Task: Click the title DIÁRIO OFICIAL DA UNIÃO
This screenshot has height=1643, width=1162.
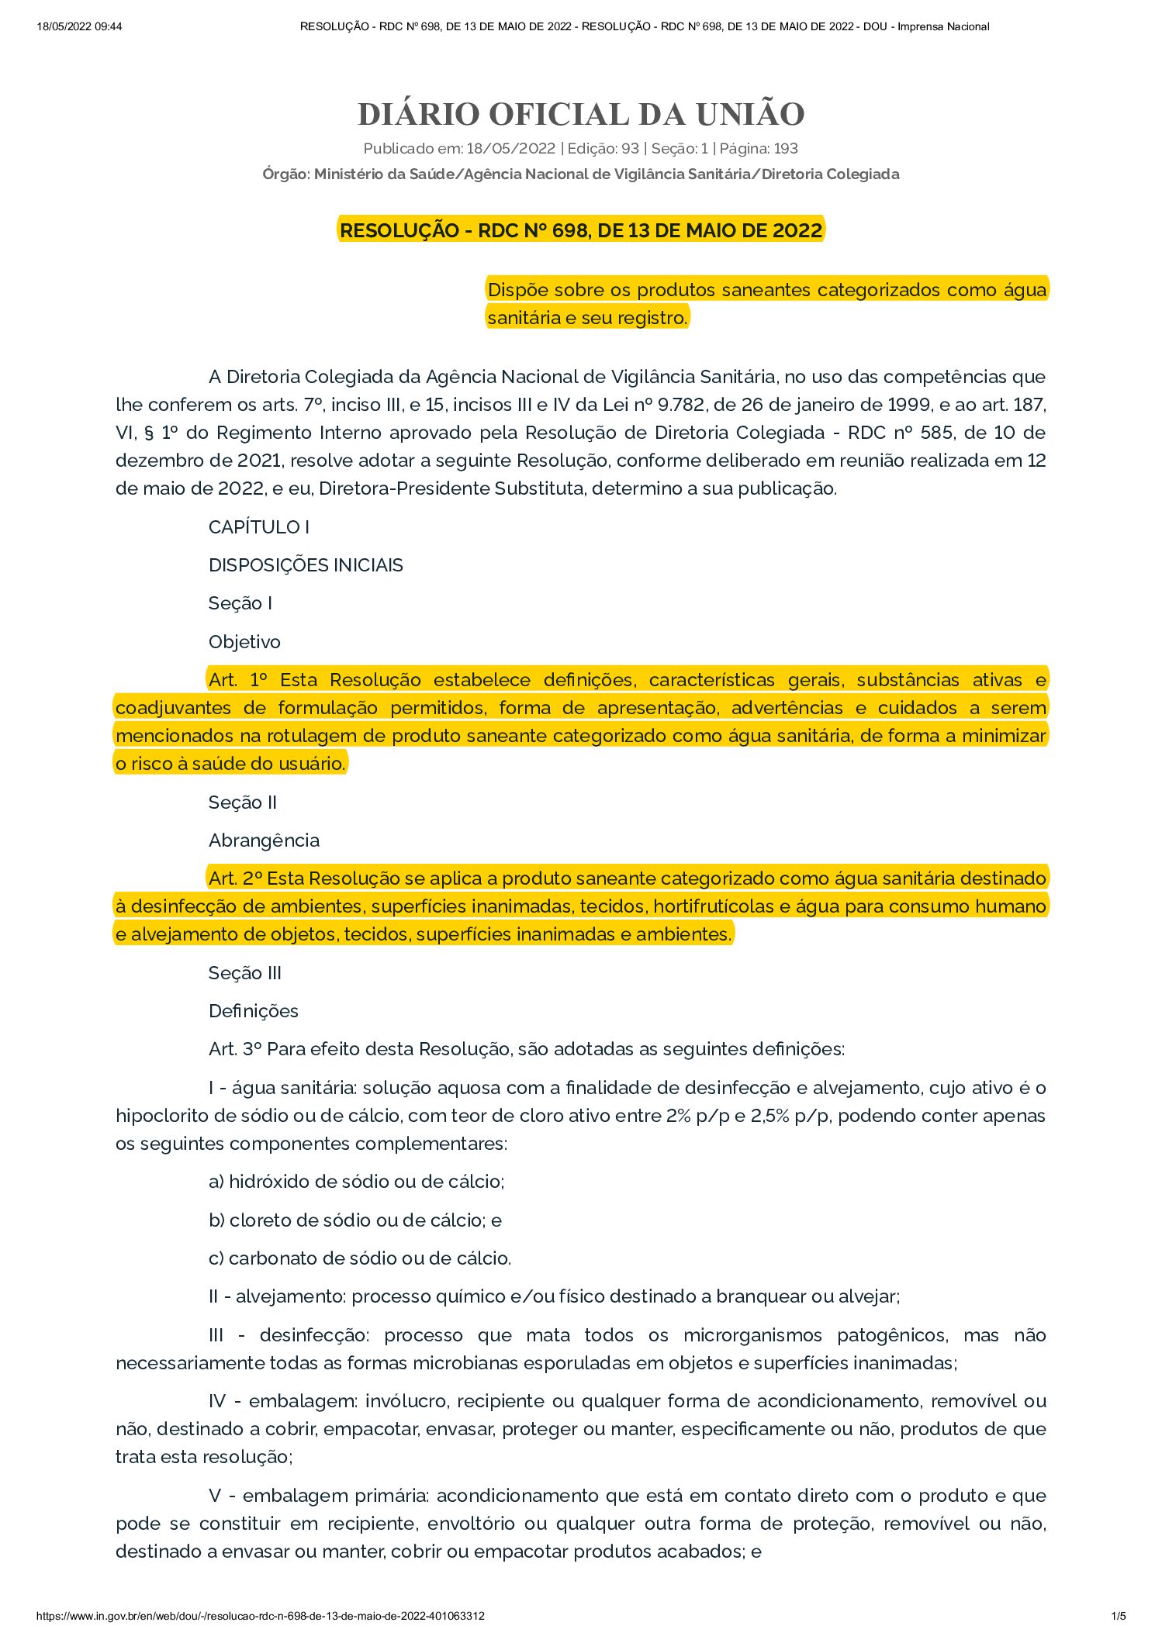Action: click(581, 114)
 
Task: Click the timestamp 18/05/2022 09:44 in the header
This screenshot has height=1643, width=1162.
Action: click(79, 26)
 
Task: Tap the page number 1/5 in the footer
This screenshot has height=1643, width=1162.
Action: click(1119, 1616)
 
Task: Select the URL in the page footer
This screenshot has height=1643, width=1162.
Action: click(261, 1616)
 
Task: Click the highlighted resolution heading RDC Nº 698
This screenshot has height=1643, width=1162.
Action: click(581, 230)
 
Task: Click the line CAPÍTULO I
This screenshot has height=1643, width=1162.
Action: click(259, 527)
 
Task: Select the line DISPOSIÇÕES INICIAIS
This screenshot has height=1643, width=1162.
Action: click(306, 565)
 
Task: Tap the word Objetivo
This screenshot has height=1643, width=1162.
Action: click(244, 642)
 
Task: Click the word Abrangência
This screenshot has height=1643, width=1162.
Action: click(264, 840)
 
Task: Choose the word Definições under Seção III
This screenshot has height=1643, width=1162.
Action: click(253, 1011)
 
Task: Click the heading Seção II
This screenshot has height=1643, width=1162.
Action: click(242, 803)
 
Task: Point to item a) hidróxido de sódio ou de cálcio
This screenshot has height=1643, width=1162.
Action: click(357, 1182)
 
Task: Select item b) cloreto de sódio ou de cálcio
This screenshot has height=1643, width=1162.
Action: click(355, 1220)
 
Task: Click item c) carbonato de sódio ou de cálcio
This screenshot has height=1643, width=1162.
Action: click(360, 1258)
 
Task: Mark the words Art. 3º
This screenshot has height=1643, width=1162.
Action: click(235, 1049)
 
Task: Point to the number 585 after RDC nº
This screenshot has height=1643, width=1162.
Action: click(941, 433)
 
